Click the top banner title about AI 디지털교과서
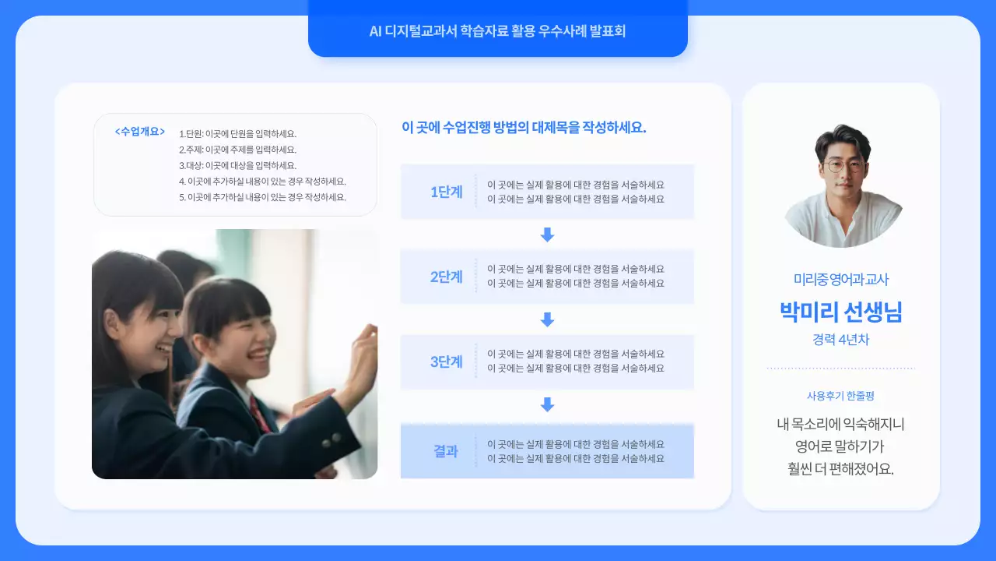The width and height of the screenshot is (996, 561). pyautogui.click(x=497, y=32)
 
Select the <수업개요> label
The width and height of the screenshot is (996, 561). pyautogui.click(x=140, y=132)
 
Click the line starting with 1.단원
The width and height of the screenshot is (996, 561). pyautogui.click(x=237, y=134)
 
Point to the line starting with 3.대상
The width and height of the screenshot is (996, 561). pyautogui.click(x=237, y=165)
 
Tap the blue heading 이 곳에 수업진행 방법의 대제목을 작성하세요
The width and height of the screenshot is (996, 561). pyautogui.click(x=524, y=128)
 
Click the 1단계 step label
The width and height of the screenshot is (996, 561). pyautogui.click(x=446, y=192)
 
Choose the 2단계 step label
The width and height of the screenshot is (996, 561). pyautogui.click(x=446, y=277)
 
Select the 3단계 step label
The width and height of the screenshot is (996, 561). pyautogui.click(x=446, y=362)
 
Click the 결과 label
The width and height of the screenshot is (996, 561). pyautogui.click(x=446, y=451)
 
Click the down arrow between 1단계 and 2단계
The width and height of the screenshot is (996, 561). pyautogui.click(x=547, y=235)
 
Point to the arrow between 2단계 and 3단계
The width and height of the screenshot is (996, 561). pyautogui.click(x=547, y=319)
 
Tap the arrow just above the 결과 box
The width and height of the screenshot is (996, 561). pyautogui.click(x=547, y=404)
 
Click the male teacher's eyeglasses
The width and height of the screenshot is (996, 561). pyautogui.click(x=843, y=165)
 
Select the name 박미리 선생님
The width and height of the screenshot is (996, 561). pyautogui.click(x=840, y=312)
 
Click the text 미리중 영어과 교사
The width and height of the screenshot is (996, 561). pyautogui.click(x=840, y=279)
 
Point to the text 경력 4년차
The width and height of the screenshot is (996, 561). pyautogui.click(x=840, y=340)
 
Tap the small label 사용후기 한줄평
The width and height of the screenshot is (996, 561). pyautogui.click(x=840, y=396)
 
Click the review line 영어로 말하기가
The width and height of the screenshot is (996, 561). pyautogui.click(x=840, y=447)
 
